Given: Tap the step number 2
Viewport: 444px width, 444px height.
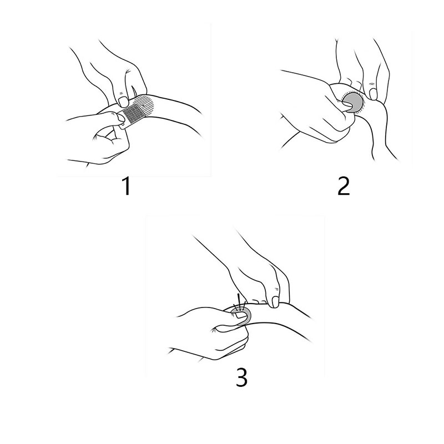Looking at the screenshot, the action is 344,186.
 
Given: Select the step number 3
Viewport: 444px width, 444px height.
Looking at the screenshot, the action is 241,377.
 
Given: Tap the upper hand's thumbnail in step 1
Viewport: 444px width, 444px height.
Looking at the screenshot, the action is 124,102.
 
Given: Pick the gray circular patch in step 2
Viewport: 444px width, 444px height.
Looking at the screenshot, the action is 354,102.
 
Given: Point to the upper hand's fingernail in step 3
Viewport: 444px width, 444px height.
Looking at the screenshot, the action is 274,302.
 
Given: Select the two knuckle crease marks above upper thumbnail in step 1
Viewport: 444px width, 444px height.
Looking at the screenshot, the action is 122,93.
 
